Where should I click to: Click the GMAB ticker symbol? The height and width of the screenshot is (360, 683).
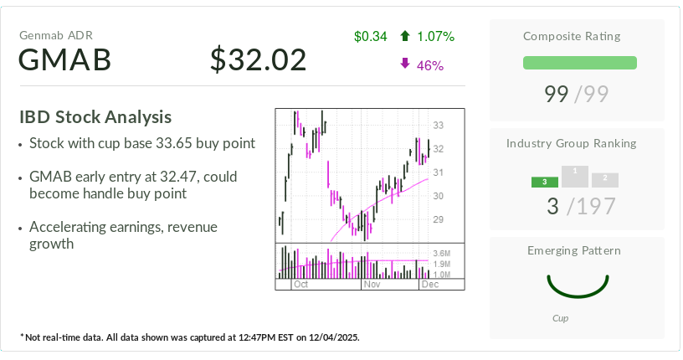pos(65,60)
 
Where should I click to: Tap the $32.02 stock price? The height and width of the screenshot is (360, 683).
pos(258,59)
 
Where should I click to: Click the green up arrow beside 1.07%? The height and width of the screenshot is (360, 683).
pos(405,36)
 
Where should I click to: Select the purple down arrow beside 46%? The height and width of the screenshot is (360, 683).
pos(405,64)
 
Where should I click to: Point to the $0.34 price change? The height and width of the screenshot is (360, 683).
pos(370,36)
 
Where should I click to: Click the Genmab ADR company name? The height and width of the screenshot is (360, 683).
pos(55,35)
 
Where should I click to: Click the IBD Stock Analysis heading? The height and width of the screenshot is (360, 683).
pos(95,117)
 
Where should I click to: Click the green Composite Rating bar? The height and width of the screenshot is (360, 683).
pos(579,63)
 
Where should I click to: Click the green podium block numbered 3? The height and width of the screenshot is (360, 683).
pos(544,182)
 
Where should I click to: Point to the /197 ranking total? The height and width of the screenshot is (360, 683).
pos(592,206)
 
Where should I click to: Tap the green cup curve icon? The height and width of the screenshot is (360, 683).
pos(577,285)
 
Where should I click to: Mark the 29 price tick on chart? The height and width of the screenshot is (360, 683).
pos(438,219)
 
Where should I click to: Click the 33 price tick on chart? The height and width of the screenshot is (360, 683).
pos(438,126)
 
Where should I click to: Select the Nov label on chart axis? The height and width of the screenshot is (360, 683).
pos(371,285)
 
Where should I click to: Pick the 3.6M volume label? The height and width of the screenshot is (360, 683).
pos(442,253)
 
